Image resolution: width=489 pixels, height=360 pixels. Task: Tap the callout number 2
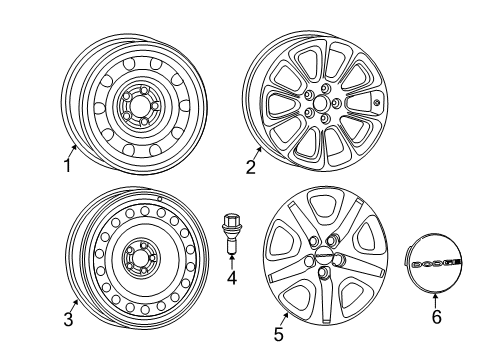(x=251, y=167)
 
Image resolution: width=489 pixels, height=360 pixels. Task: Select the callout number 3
(x=68, y=318)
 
